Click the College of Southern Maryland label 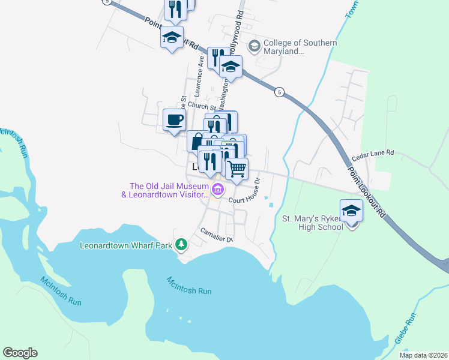click(x=300, y=47)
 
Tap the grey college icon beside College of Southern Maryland click(x=255, y=46)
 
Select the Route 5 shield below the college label click(x=279, y=92)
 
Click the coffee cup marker click(x=174, y=119)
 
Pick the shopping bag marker click(x=197, y=141)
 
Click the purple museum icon click(x=218, y=191)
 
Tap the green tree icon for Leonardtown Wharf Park click(x=181, y=245)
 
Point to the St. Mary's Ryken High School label click(x=312, y=223)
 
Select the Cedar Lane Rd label click(x=373, y=154)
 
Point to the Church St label click(x=200, y=104)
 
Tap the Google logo click(x=20, y=353)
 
